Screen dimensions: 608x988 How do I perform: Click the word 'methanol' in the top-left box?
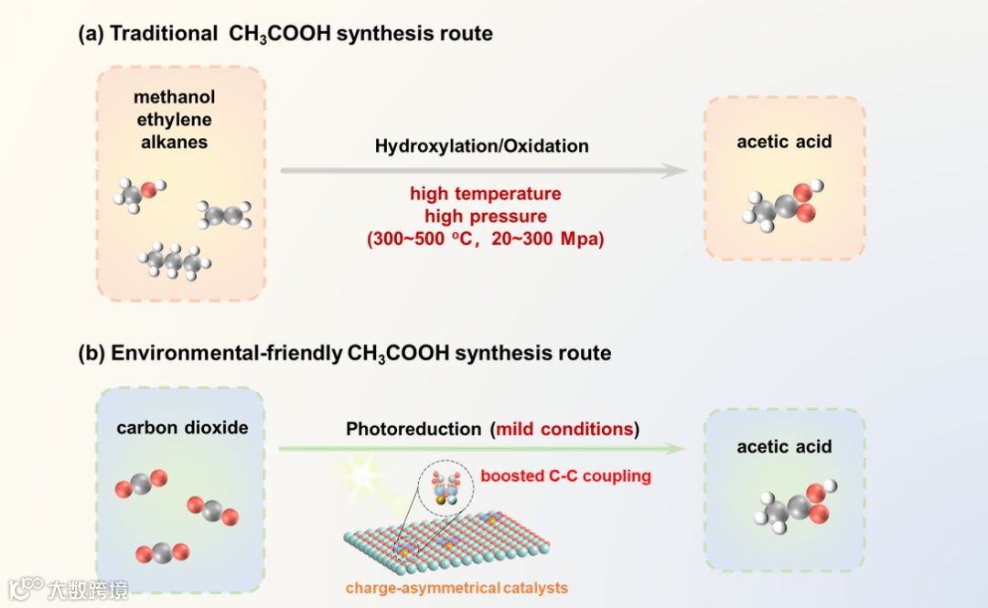tap(174, 97)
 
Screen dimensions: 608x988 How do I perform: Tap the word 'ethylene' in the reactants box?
tap(174, 120)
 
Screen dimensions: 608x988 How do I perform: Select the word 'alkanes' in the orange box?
tap(174, 142)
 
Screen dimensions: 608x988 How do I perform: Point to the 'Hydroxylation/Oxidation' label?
tap(482, 146)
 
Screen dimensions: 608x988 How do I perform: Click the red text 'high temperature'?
tap(485, 194)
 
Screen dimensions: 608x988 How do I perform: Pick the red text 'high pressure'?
tap(485, 217)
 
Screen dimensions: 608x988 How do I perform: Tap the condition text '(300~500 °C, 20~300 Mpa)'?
tap(485, 240)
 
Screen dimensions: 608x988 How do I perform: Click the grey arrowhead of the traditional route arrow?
tap(674, 170)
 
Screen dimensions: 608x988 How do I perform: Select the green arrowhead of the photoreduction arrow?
tap(674, 448)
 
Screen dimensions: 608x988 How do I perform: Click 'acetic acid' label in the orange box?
tap(784, 142)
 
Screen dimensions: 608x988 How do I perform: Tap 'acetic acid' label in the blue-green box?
tap(784, 446)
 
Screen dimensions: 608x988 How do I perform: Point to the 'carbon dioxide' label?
tap(182, 428)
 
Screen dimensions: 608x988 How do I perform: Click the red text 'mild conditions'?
tap(564, 429)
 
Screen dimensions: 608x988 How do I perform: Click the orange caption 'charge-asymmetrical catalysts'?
tap(456, 587)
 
